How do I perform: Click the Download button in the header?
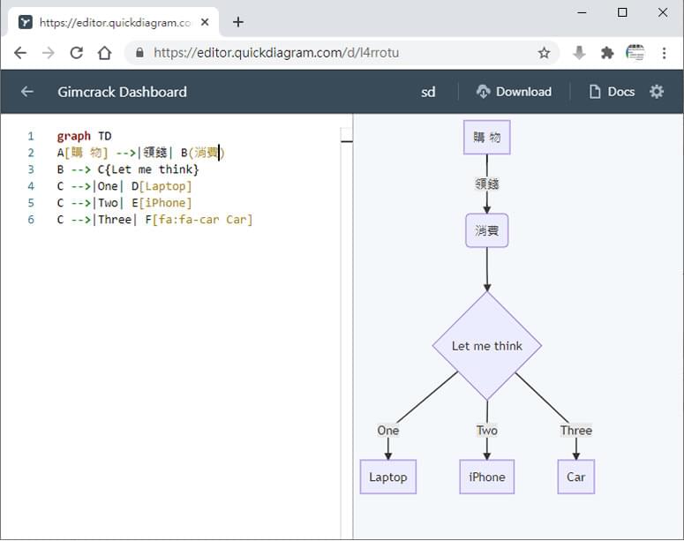pos(514,92)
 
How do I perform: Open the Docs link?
pos(612,92)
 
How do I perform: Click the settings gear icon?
pos(657,92)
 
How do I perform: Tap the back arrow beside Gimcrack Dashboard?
pos(27,92)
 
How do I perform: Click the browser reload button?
pos(76,53)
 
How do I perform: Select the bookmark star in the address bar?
pos(544,53)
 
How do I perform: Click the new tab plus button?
pos(238,22)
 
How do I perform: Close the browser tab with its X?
pos(205,22)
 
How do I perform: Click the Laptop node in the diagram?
pos(388,477)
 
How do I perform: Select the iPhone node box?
pos(487,477)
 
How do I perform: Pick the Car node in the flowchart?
pos(575,477)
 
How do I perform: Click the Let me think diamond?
pos(487,346)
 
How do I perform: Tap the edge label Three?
pos(576,430)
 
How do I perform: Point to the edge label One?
pos(388,430)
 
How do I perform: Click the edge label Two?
pos(487,430)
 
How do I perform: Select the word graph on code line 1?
pos(74,136)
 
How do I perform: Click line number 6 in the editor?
pos(31,220)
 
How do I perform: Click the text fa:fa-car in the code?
pos(189,220)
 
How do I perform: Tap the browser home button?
pos(105,53)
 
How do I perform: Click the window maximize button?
pos(622,12)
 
